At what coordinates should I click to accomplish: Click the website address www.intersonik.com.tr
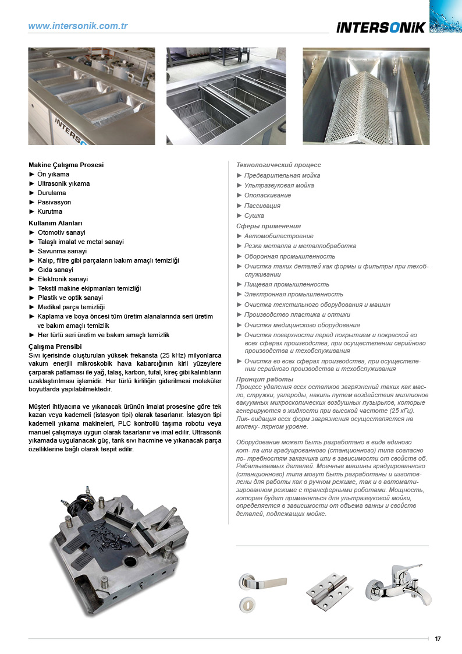(78, 26)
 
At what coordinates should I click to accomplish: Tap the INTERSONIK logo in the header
(381, 27)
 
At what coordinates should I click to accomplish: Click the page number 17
(438, 639)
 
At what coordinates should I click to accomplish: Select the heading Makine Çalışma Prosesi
(66, 165)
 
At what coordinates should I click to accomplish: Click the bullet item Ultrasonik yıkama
(63, 183)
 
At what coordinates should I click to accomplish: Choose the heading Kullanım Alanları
(56, 223)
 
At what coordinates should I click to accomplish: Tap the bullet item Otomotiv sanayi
(61, 232)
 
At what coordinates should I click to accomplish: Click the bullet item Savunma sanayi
(62, 251)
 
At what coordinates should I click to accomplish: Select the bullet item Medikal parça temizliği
(71, 307)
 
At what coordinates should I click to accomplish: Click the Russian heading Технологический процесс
(278, 165)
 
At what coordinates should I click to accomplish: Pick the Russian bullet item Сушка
(254, 215)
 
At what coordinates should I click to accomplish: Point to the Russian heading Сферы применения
(268, 226)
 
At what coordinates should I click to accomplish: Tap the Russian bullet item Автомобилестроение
(279, 236)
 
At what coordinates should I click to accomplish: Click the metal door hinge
(330, 592)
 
